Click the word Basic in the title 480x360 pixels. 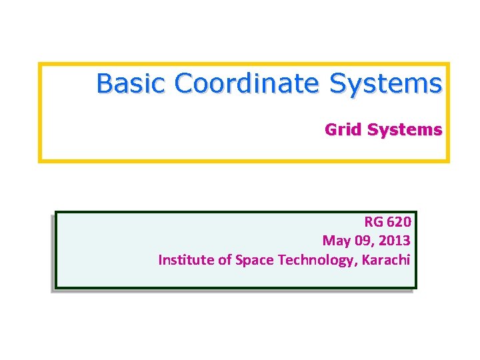coord(131,84)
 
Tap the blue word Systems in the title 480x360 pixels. coord(386,84)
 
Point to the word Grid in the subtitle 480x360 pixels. coord(341,129)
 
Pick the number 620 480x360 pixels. coord(399,221)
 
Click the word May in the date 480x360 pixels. coord(335,240)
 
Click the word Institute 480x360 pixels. coord(186,259)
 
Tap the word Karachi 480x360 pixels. coord(388,259)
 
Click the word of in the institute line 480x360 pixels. coord(225,259)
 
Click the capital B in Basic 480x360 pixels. coord(104,84)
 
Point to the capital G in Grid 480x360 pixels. coord(330,129)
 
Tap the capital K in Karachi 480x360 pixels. coord(367,259)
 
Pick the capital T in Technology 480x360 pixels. coord(281,259)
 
